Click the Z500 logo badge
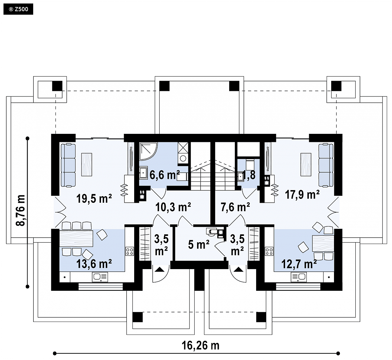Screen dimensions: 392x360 click(18, 9)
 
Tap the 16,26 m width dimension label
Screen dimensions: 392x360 click(201, 345)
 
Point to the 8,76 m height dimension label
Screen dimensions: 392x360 click(21, 210)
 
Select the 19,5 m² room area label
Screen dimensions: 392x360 click(94, 199)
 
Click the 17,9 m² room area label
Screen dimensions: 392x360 click(302, 194)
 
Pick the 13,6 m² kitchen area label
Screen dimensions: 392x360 click(94, 264)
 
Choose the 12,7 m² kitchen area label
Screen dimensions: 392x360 click(299, 264)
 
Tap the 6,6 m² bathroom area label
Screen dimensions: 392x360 click(165, 175)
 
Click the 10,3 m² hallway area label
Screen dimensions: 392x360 click(173, 207)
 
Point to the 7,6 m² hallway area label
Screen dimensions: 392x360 click(235, 207)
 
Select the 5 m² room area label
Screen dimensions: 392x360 click(199, 244)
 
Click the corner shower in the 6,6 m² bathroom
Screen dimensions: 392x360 click(148, 152)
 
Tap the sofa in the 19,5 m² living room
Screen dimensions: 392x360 click(68, 165)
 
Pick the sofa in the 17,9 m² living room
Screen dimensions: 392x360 click(326, 165)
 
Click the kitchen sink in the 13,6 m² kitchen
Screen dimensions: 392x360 click(100, 277)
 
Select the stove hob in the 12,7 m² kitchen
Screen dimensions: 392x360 click(269, 251)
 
